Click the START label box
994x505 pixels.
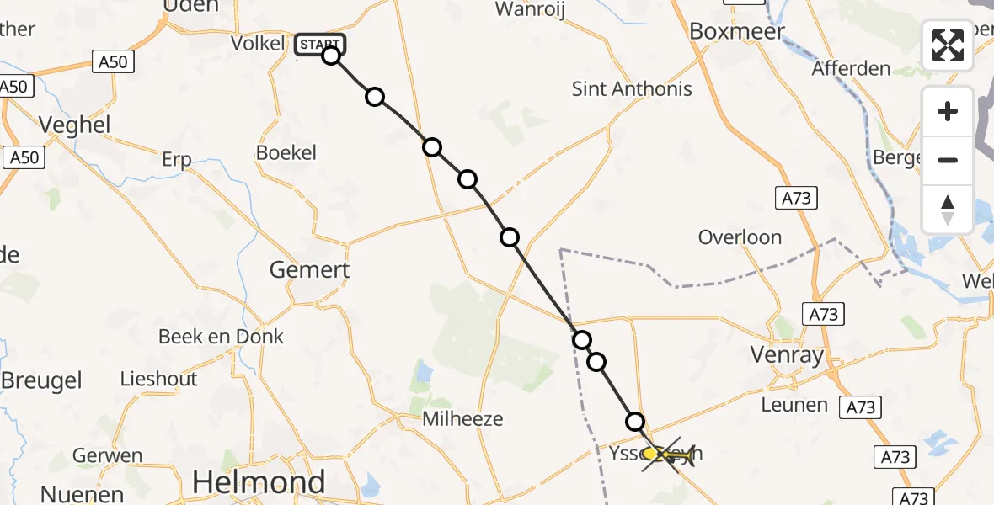click(x=319, y=45)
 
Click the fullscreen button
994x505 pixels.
click(x=948, y=45)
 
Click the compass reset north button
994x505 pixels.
click(x=948, y=210)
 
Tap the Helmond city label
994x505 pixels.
click(x=259, y=482)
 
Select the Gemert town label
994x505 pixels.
click(x=309, y=270)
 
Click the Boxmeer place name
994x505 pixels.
click(x=737, y=32)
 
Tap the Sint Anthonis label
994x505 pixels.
click(x=632, y=88)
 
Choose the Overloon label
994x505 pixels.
click(x=740, y=237)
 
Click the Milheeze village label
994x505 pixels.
click(x=463, y=418)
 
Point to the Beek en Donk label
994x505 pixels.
click(x=222, y=337)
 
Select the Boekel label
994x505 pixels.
click(x=286, y=153)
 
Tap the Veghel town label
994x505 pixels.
click(x=75, y=125)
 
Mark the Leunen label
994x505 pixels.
click(x=794, y=405)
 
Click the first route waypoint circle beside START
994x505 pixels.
click(x=331, y=56)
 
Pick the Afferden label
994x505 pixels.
click(x=850, y=68)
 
